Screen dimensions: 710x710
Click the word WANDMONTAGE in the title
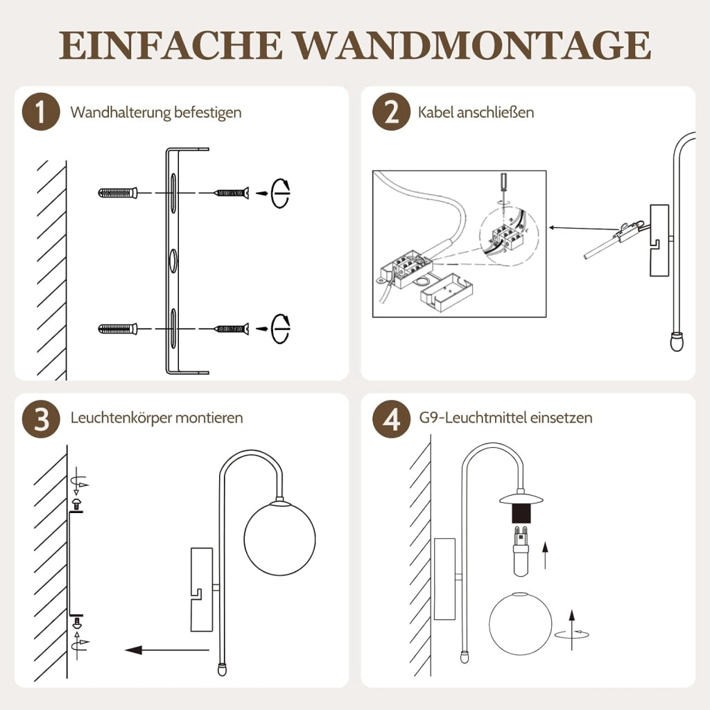[x=473, y=45]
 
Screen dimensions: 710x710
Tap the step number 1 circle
[x=41, y=112]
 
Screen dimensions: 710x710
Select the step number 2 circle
[x=391, y=112]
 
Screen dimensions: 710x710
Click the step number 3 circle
[x=41, y=419]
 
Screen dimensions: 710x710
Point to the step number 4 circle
[x=391, y=419]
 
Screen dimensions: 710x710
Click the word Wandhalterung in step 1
[x=120, y=112]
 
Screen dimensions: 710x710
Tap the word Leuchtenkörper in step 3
[x=121, y=417]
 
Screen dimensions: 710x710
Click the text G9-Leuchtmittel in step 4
[x=472, y=417]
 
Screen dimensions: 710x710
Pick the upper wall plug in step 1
[x=118, y=193]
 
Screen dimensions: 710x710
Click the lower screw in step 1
[x=232, y=328]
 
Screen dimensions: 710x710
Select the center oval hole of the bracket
[x=173, y=261]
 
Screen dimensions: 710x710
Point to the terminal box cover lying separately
[x=447, y=293]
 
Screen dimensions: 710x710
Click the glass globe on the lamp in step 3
[x=279, y=538]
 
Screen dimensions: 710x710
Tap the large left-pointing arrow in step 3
[x=167, y=650]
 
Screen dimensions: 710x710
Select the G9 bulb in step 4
[x=521, y=551]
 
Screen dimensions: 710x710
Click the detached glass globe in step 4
[x=521, y=623]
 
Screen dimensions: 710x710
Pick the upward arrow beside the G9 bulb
[x=545, y=555]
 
